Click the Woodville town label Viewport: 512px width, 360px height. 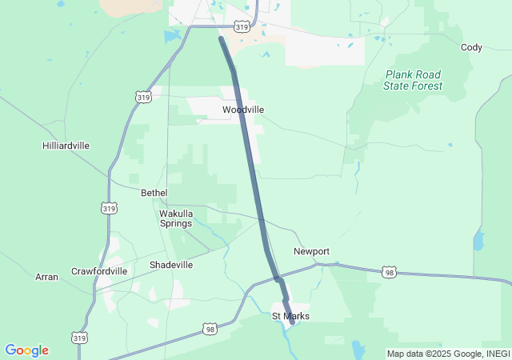(243, 110)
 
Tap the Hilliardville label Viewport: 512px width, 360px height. (66, 146)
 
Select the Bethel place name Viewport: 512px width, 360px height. (154, 193)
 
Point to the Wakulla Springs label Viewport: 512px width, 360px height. (176, 218)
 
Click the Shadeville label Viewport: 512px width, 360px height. (171, 265)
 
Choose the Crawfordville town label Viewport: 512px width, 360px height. (99, 271)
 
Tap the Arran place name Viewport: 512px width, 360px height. (46, 277)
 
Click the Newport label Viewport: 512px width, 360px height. (311, 251)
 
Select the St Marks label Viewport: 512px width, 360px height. (290, 316)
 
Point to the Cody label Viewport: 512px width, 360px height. (471, 47)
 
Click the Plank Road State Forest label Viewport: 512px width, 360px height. (412, 80)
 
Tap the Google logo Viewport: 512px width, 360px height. (26, 350)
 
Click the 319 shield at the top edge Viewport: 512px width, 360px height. (241, 27)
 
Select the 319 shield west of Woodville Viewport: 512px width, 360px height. (143, 97)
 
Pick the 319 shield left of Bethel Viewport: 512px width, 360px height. (110, 208)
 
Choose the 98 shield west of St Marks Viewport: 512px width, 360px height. (210, 329)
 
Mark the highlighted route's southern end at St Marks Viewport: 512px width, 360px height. (292, 322)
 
